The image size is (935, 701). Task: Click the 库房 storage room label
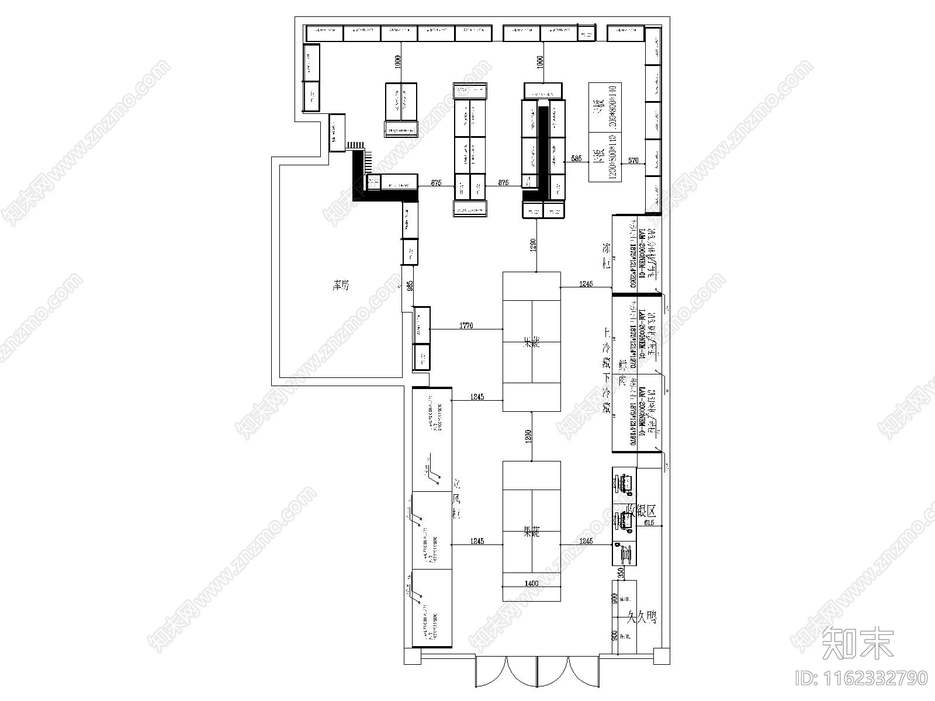click(x=340, y=286)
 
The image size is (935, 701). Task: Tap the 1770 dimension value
click(x=466, y=325)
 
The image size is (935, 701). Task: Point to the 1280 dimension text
click(x=533, y=245)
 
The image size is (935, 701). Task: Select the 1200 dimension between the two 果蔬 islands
click(x=528, y=435)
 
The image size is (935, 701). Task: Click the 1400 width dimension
click(x=531, y=583)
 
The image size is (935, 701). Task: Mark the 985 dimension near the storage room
click(x=410, y=286)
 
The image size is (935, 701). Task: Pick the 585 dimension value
click(x=576, y=158)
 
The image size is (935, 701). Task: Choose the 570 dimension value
click(x=633, y=160)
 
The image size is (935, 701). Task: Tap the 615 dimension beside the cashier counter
click(x=649, y=523)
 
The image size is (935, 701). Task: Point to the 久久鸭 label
click(x=642, y=616)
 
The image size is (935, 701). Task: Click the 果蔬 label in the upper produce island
click(x=531, y=343)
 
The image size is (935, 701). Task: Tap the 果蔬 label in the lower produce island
click(x=531, y=532)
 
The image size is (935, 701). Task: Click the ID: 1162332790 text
click(x=861, y=678)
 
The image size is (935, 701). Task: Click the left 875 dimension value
click(x=436, y=183)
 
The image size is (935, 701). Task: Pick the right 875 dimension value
click(x=503, y=183)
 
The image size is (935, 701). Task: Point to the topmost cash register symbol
click(x=624, y=484)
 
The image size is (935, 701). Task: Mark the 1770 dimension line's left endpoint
click(x=430, y=329)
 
